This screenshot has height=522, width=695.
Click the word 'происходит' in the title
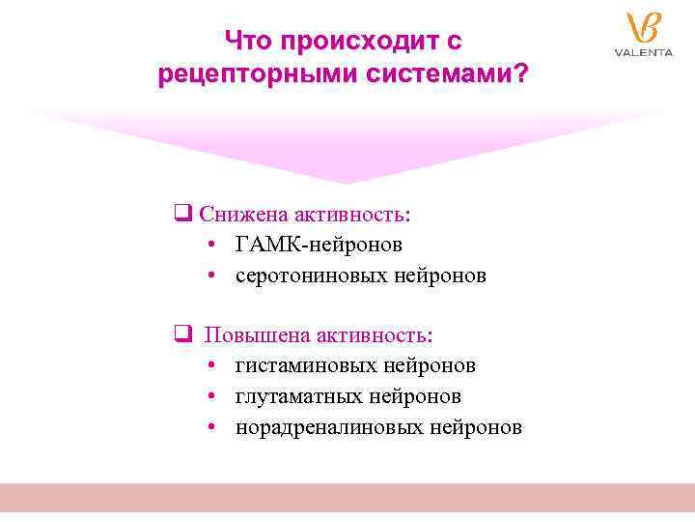pos(355,41)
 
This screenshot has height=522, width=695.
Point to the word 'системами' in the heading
pos(428,74)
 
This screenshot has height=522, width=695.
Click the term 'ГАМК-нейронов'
pos(319,244)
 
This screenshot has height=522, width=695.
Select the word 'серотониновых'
pos(313,275)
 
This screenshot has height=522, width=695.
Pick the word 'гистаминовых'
pos(307,365)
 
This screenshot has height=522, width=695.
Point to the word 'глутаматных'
pos(299,396)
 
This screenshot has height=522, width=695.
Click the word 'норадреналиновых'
pos(330,427)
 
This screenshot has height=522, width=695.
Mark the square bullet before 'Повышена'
pos(181,334)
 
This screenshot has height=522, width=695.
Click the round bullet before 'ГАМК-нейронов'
pos(210,245)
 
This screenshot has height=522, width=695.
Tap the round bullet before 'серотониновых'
pos(210,276)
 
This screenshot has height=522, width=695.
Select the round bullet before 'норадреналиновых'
pos(210,428)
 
